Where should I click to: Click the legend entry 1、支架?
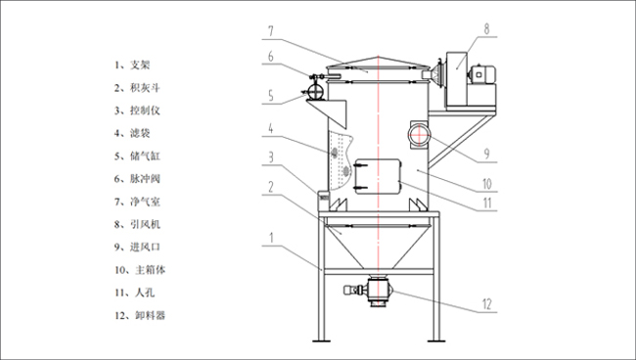click(x=132, y=65)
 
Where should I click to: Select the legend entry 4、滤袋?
click(x=132, y=133)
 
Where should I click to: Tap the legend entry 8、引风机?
click(x=137, y=224)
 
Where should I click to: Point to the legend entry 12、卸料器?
click(x=140, y=315)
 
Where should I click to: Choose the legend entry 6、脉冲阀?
click(x=137, y=179)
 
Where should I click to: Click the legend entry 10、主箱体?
click(x=140, y=270)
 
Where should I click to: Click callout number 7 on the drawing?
click(x=270, y=31)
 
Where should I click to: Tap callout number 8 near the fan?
click(x=486, y=28)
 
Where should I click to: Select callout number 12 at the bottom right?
click(x=486, y=304)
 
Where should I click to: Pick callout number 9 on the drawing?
click(x=486, y=154)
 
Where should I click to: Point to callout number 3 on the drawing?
click(x=271, y=157)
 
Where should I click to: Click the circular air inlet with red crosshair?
click(x=419, y=134)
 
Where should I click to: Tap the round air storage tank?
click(x=315, y=90)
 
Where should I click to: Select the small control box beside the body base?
click(x=323, y=197)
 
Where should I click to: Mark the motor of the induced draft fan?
click(x=481, y=75)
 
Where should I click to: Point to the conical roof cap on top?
click(x=378, y=62)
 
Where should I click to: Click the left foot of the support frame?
click(x=321, y=339)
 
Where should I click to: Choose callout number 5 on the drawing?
click(x=271, y=96)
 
